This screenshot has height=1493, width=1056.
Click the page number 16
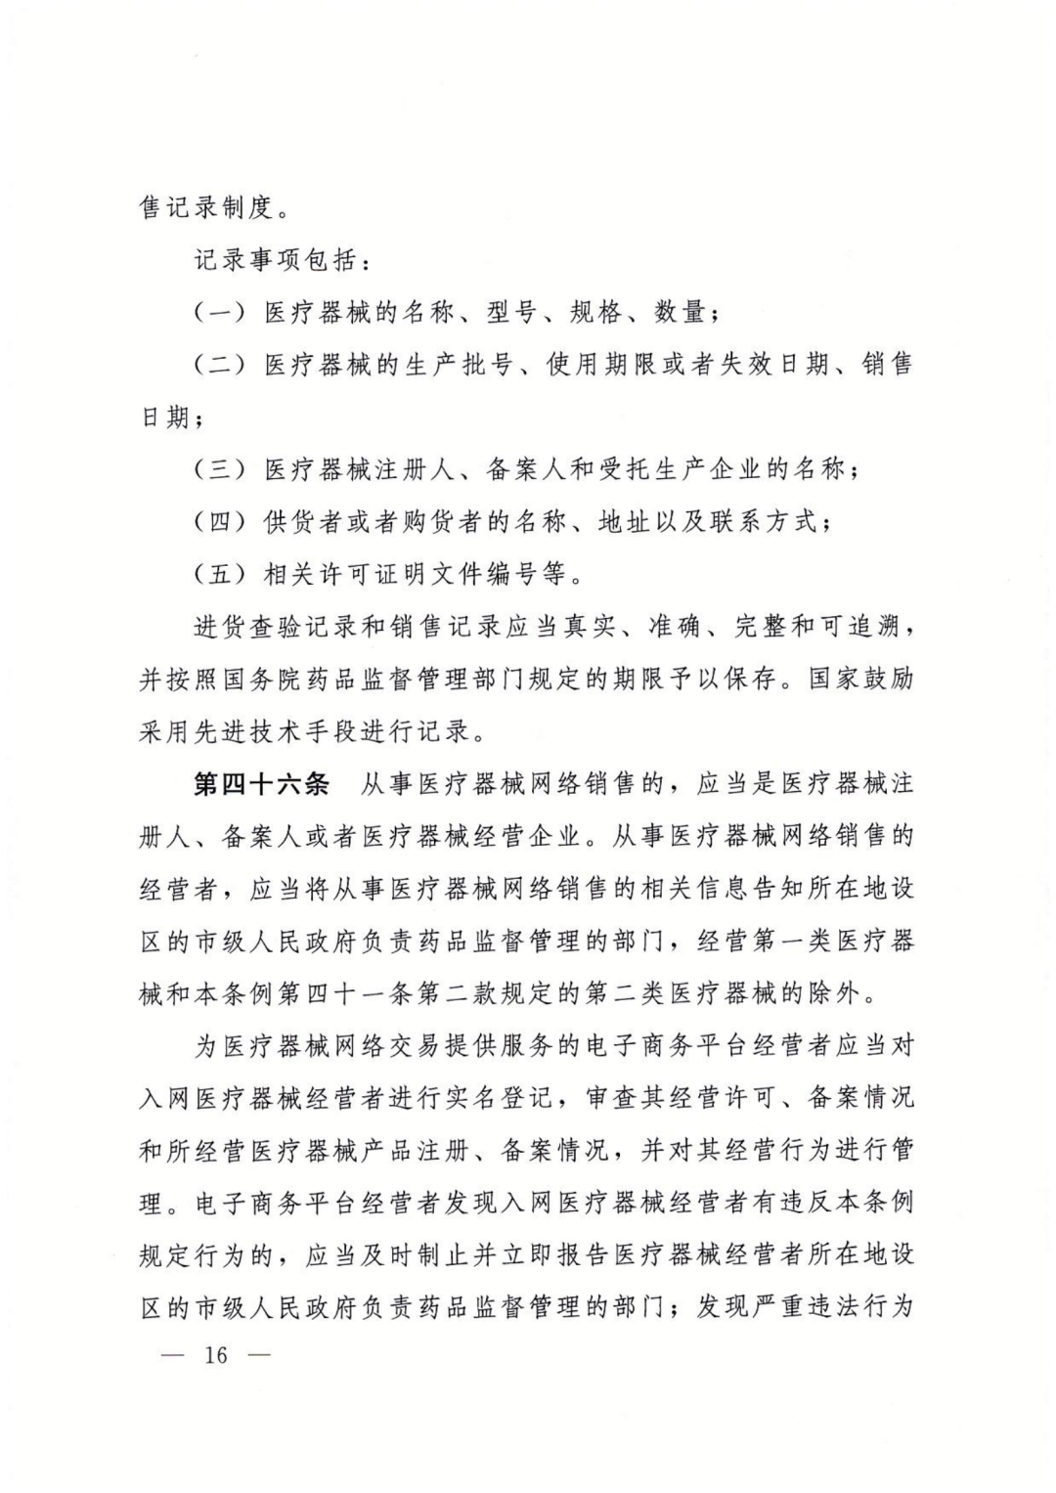coord(216,1355)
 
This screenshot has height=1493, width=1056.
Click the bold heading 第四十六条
coord(263,784)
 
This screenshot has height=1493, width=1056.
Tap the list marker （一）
coord(220,313)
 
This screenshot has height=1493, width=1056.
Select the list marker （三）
coord(220,469)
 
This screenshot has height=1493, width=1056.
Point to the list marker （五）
coord(220,574)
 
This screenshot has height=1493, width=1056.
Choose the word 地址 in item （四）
coord(624,521)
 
